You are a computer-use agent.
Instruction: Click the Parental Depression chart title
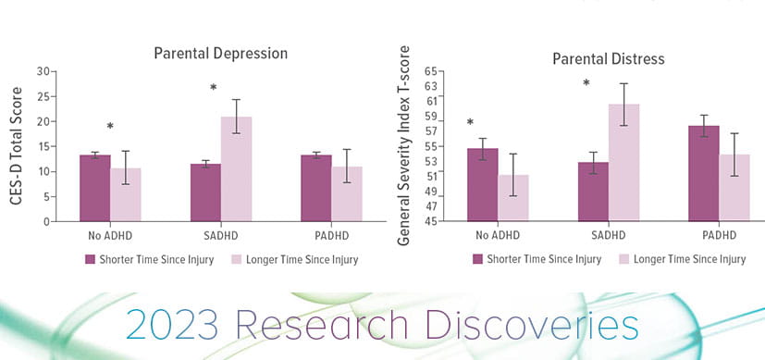point(220,53)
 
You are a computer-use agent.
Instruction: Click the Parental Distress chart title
point(608,59)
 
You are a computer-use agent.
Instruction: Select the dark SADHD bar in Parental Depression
point(205,192)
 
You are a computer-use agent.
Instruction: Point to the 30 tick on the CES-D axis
point(42,71)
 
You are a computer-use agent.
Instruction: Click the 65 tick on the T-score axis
point(429,71)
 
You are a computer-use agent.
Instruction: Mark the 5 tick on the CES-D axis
point(44,197)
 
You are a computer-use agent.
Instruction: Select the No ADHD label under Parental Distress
point(498,235)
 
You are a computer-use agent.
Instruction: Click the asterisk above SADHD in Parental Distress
point(586,84)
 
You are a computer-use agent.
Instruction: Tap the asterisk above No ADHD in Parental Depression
point(110,128)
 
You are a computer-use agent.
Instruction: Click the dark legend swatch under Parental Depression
point(90,259)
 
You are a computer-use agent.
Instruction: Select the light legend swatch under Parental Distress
point(624,259)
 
